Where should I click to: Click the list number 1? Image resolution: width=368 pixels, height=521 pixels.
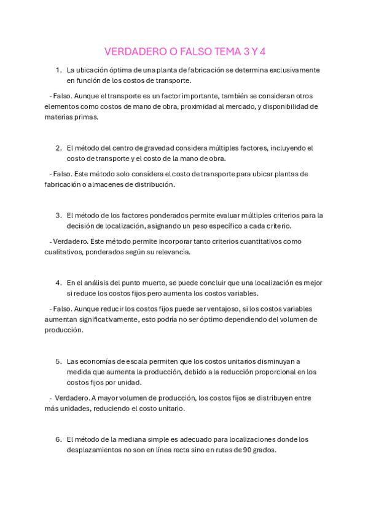pos(58,70)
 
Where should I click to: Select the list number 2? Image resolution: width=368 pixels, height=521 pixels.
pos(58,148)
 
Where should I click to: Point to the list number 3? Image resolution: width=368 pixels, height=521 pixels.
pos(58,215)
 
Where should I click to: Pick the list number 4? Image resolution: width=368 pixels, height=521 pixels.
pos(58,283)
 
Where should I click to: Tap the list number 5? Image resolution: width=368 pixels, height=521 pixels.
pos(58,361)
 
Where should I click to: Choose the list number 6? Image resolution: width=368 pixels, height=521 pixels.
pos(58,439)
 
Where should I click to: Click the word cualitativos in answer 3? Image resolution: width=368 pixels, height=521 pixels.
pos(63,251)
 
